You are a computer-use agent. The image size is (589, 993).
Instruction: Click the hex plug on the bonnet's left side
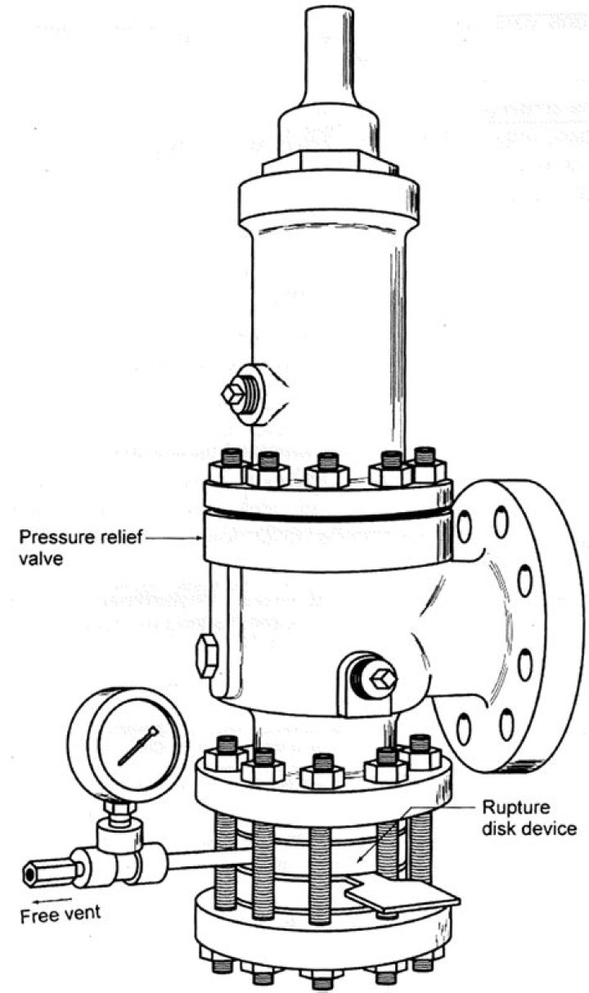click(x=235, y=393)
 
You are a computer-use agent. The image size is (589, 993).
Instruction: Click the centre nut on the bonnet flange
click(x=327, y=472)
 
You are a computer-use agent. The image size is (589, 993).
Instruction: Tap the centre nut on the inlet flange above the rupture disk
click(x=321, y=771)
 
